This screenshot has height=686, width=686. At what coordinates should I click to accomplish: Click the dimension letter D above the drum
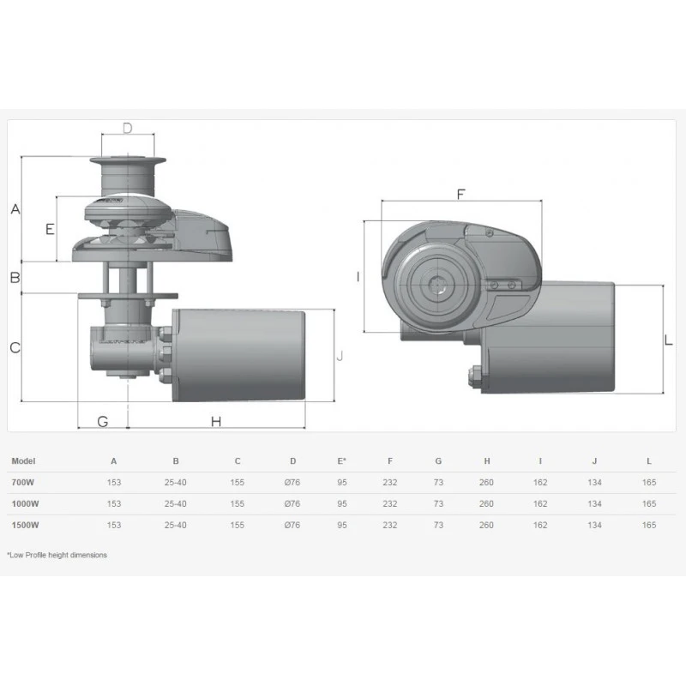coord(127,129)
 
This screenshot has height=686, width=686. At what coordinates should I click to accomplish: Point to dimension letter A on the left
coord(15,209)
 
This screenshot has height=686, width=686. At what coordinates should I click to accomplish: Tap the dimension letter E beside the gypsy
coord(50,229)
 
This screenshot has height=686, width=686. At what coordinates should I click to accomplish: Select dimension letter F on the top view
coord(460,194)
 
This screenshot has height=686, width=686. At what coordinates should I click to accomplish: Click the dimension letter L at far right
coord(669,340)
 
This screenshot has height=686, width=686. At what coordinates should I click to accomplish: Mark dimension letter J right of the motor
coord(340,355)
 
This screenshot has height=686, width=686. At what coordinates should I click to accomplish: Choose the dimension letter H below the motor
coord(216,421)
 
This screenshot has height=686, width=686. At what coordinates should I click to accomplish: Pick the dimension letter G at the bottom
coord(102,421)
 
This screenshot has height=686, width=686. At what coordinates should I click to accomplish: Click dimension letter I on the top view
coord(358,276)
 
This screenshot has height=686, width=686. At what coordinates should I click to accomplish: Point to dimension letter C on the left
coord(15,347)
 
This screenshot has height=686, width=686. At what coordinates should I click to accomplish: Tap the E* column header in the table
coord(342,461)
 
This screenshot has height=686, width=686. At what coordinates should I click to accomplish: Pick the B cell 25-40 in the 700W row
coord(175,483)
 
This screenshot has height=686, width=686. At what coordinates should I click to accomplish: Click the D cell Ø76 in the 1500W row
coord(292,525)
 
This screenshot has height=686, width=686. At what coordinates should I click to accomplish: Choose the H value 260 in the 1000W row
coord(486,504)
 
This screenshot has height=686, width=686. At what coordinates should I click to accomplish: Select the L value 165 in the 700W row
coord(649,483)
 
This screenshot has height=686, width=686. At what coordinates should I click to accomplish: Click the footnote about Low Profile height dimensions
coord(57,555)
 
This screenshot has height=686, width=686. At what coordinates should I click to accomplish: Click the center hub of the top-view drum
coord(439,285)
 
